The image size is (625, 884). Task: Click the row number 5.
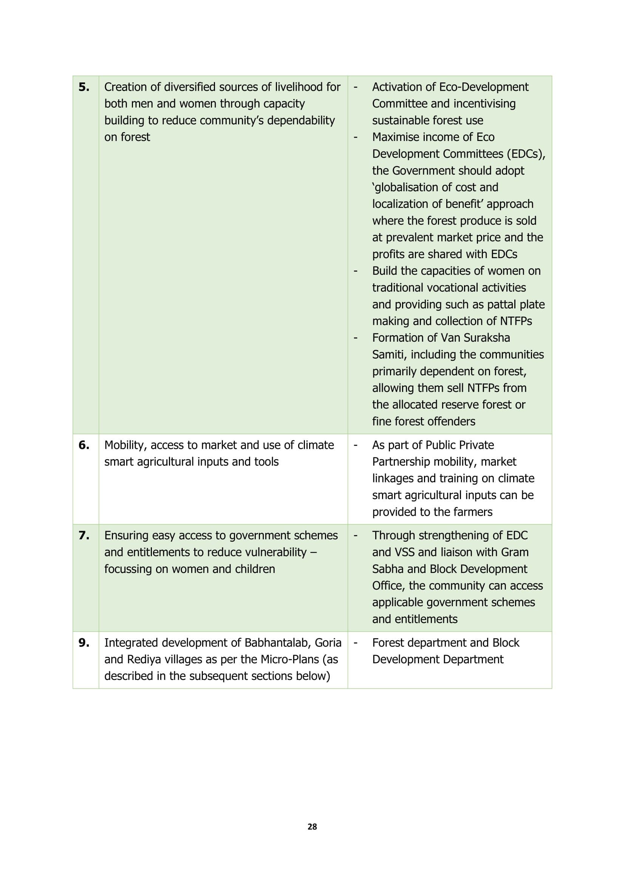[x=84, y=87]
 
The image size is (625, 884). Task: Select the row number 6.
[x=84, y=445]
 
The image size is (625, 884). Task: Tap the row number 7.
[x=84, y=536]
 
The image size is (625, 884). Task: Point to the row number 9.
[x=84, y=642]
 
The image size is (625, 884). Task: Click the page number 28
[x=312, y=827]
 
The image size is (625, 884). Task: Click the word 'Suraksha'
[x=486, y=337]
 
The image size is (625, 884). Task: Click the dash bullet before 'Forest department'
[x=355, y=642]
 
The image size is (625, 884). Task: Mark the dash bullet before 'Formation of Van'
[x=355, y=338]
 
